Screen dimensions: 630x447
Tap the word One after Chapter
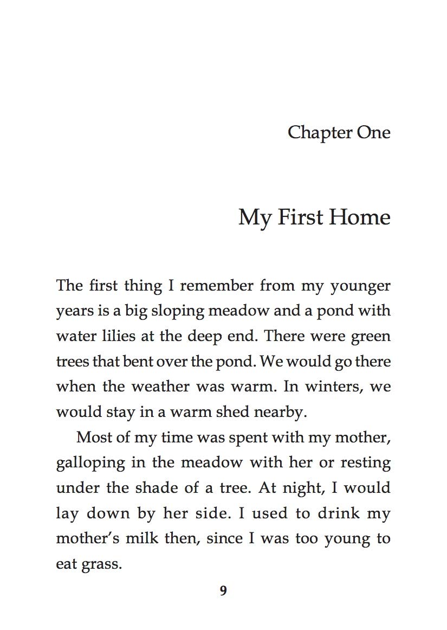(373, 132)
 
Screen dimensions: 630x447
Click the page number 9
(223, 590)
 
